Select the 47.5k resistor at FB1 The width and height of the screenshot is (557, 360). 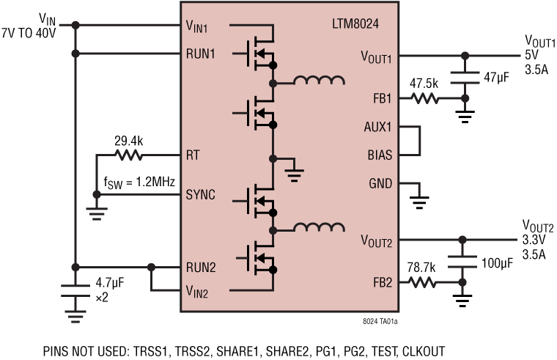(x=424, y=98)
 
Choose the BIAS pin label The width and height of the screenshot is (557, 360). (x=380, y=155)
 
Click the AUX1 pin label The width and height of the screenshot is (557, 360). (x=380, y=126)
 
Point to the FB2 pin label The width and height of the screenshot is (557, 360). (x=382, y=282)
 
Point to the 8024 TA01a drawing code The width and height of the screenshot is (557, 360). (x=380, y=320)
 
